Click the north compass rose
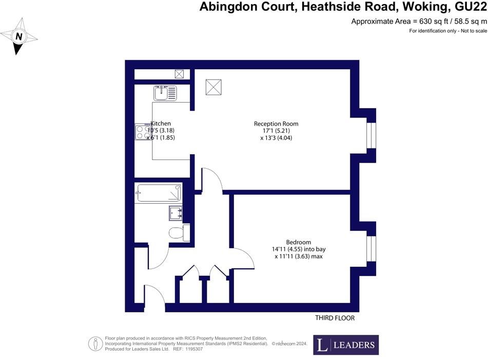(18, 36)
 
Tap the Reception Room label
(276, 124)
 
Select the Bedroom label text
(299, 243)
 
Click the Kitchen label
(161, 124)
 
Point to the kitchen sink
(164, 93)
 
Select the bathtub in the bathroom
(159, 193)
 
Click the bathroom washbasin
(177, 212)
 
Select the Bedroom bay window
(370, 249)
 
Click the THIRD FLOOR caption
(335, 318)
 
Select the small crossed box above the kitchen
(180, 74)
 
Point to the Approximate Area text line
(419, 22)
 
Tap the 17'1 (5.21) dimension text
(276, 131)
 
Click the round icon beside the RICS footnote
(94, 343)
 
